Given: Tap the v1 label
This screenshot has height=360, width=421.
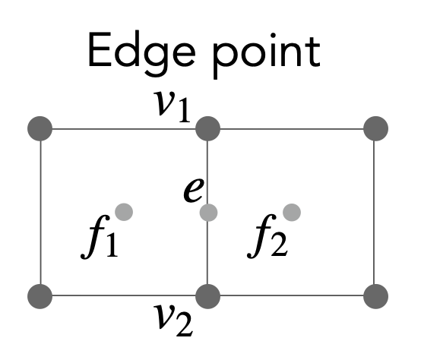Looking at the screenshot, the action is pyautogui.click(x=172, y=106).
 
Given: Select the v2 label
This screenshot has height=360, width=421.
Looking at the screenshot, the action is pyautogui.click(x=173, y=321).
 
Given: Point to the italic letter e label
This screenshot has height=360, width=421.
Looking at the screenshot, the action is pyautogui.click(x=194, y=190).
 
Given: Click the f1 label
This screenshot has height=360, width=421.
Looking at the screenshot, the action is pyautogui.click(x=100, y=236).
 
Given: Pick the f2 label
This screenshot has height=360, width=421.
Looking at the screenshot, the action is pyautogui.click(x=267, y=236).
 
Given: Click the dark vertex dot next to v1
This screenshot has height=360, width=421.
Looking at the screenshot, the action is pyautogui.click(x=207, y=128).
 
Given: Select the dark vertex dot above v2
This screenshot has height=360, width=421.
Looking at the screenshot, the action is pyautogui.click(x=207, y=296).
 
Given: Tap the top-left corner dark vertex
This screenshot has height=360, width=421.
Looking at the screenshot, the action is pyautogui.click(x=40, y=128).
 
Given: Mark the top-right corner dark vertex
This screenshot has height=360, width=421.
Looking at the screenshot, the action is pyautogui.click(x=375, y=128).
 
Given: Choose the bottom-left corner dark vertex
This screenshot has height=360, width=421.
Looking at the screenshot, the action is pyautogui.click(x=40, y=296).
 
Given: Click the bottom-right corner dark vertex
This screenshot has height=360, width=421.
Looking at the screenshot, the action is pyautogui.click(x=375, y=296).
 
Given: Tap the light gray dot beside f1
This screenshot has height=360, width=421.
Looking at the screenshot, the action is pyautogui.click(x=124, y=212).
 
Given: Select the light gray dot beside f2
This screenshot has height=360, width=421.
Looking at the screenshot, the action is pyautogui.click(x=292, y=212).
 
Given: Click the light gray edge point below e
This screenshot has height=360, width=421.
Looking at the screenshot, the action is pyautogui.click(x=208, y=213).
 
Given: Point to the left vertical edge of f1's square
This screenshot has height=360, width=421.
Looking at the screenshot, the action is pyautogui.click(x=40, y=212).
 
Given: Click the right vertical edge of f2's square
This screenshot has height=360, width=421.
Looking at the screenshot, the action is pyautogui.click(x=374, y=212).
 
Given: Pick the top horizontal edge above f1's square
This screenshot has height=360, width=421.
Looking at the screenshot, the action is pyautogui.click(x=124, y=129).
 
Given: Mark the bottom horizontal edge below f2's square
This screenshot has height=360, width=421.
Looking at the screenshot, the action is pyautogui.click(x=292, y=295).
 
